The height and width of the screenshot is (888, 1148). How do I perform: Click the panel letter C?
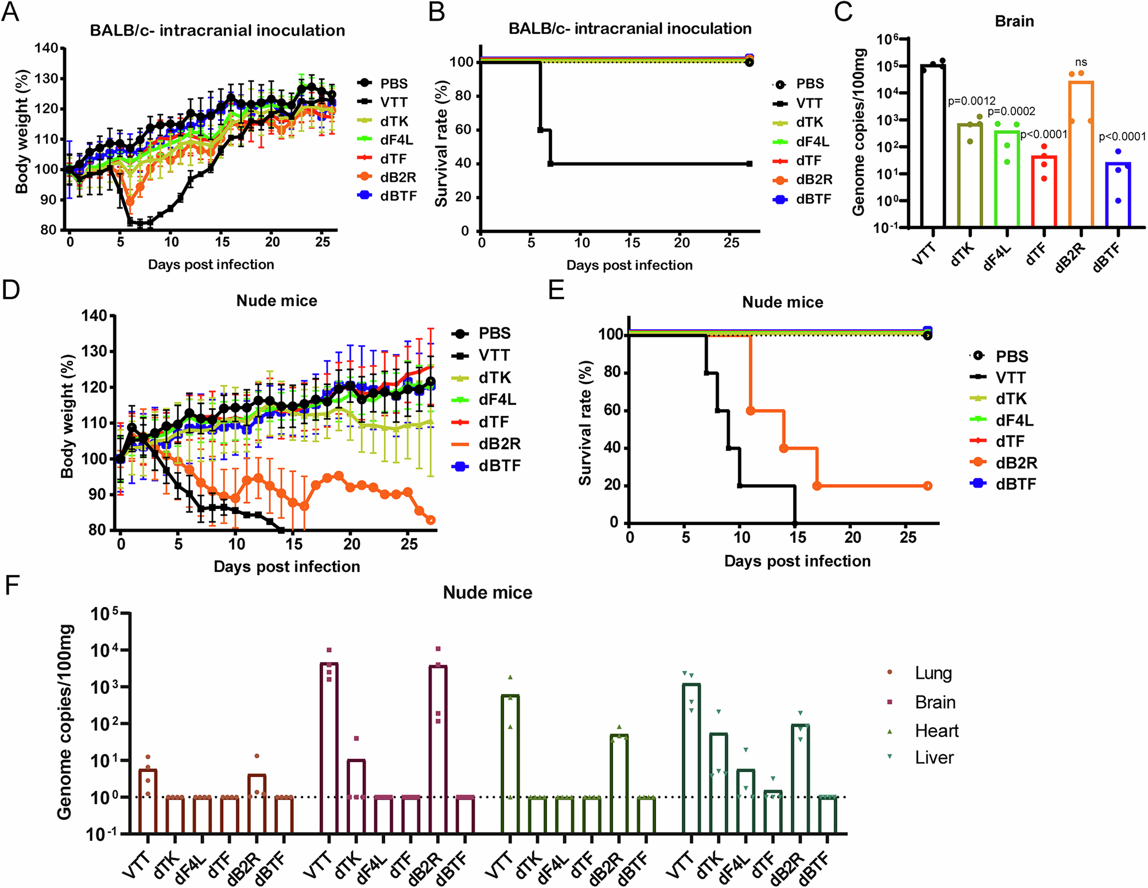point(843,11)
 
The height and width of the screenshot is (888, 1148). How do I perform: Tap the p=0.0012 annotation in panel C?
point(971,102)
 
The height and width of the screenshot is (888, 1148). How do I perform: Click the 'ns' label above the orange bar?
point(1081,63)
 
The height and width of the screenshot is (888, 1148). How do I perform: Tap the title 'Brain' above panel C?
point(1014,21)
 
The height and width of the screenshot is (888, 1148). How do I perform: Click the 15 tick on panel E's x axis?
point(797,538)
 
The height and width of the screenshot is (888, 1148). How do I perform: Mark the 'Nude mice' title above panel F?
point(487,593)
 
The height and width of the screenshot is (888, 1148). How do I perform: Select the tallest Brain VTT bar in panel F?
point(329,747)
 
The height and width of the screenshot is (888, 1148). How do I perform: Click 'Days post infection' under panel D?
point(286,567)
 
